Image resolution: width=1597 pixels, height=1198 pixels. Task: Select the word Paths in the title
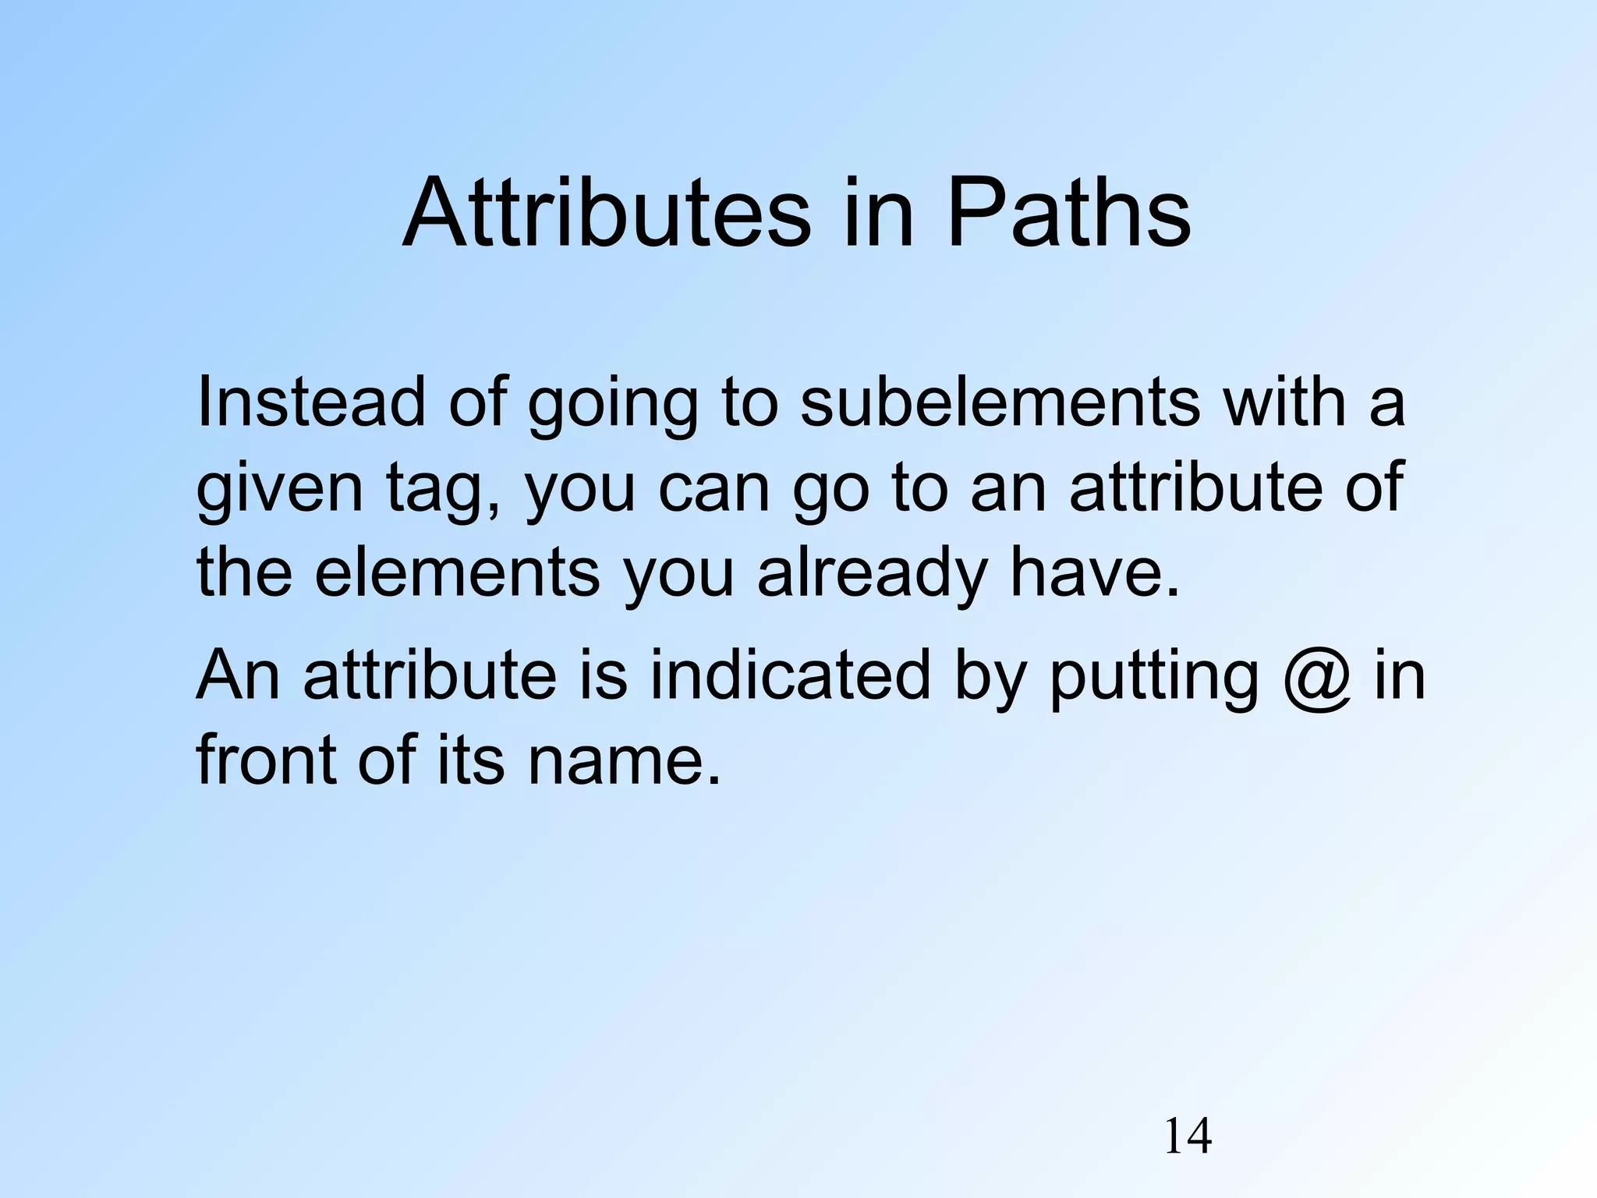(1070, 212)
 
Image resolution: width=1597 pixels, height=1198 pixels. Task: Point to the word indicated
(790, 674)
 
